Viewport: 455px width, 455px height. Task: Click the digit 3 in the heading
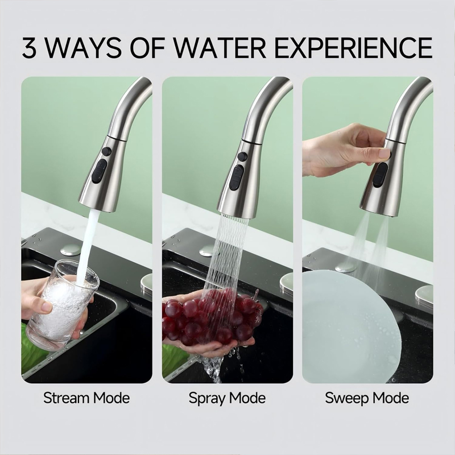30,48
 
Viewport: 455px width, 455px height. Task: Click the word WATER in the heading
220,48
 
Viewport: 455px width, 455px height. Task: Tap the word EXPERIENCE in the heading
353,48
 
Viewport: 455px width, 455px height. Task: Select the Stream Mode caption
86,398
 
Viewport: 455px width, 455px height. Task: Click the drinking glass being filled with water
63,304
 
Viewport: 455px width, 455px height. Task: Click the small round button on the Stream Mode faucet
106,152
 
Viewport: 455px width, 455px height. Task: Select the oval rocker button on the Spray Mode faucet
237,177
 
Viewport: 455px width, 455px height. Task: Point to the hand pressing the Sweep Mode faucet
345,150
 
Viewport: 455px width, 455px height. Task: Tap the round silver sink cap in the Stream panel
70,250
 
